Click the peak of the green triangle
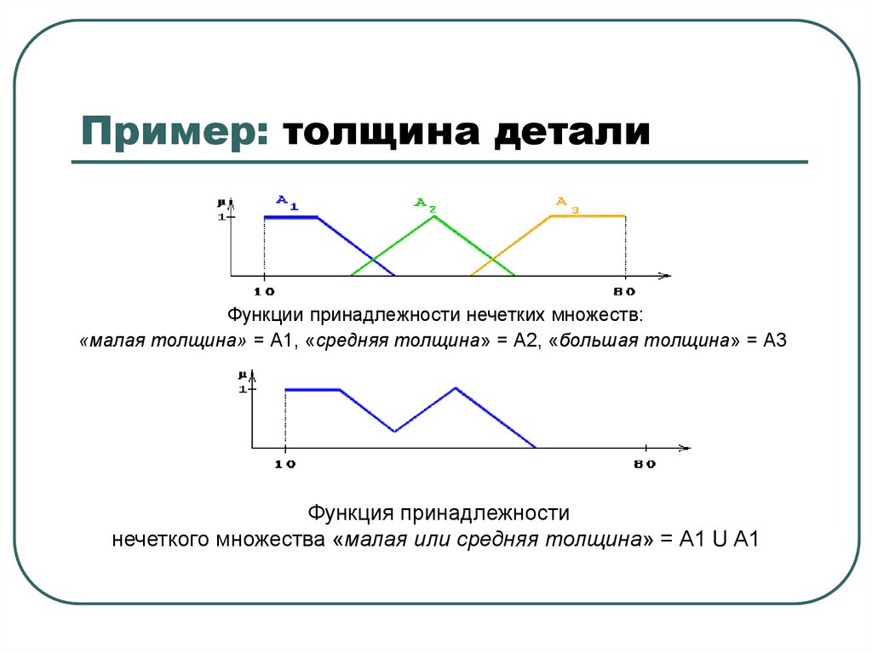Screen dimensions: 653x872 433,216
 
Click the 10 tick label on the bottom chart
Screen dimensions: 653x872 285,464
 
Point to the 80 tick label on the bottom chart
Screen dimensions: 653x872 645,464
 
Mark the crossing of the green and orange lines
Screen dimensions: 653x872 492,260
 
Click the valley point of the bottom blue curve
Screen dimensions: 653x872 395,432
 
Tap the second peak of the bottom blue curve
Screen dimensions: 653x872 456,388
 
